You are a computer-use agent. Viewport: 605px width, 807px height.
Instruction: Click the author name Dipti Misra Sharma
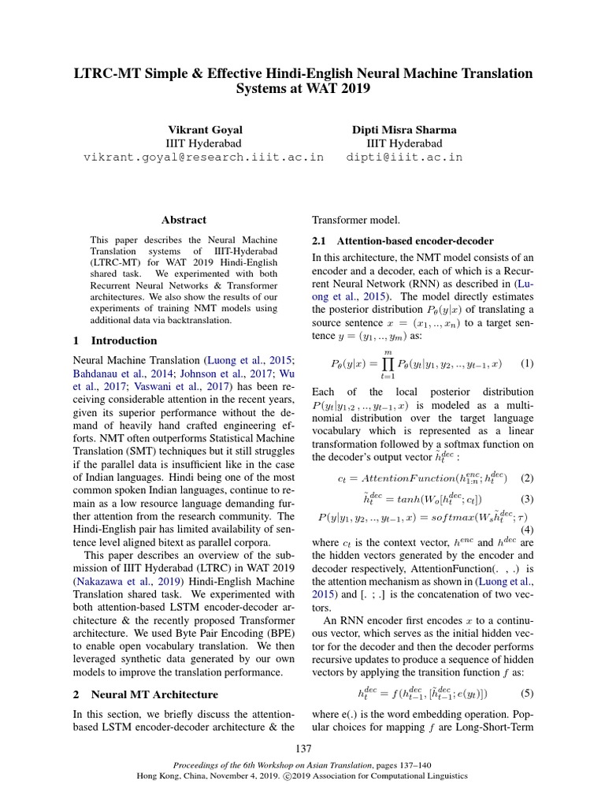tap(404, 128)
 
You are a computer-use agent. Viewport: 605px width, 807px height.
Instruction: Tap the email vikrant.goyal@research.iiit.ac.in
tap(203, 157)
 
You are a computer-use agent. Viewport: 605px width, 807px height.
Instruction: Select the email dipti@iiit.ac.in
tap(404, 157)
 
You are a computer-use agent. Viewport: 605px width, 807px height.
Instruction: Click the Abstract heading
tap(184, 220)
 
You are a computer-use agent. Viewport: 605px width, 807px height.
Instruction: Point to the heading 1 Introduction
tap(114, 340)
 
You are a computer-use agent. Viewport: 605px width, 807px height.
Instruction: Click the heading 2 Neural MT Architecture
tap(145, 694)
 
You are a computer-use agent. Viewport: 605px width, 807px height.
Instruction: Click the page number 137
tap(302, 748)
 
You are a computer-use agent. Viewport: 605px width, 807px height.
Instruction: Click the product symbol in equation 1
tap(388, 364)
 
